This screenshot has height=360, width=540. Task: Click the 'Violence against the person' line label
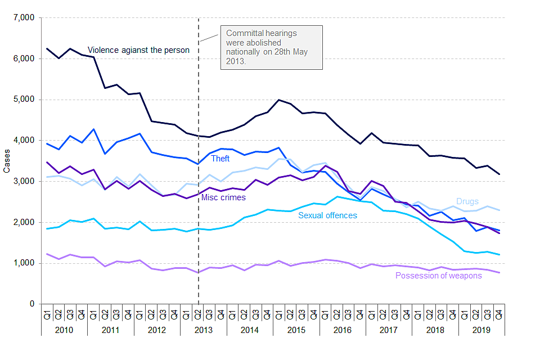[138, 50]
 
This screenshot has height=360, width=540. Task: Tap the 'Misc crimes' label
[223, 197]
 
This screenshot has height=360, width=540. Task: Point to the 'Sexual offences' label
[327, 215]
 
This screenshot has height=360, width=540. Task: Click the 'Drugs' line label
[467, 201]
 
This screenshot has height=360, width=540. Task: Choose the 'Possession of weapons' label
[438, 276]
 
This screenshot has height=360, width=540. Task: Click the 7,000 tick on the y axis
[24, 18]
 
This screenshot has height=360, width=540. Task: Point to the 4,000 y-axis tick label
[24, 141]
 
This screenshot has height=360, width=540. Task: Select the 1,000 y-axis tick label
[24, 263]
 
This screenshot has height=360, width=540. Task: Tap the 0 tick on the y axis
[33, 304]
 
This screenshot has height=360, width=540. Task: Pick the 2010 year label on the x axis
[64, 330]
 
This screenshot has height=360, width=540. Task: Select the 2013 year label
[204, 330]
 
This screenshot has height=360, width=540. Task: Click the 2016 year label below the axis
[343, 330]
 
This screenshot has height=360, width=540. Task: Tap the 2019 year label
[483, 330]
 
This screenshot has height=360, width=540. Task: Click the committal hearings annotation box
[272, 47]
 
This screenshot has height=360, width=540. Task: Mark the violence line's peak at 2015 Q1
[278, 100]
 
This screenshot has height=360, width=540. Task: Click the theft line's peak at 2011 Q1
[93, 129]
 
